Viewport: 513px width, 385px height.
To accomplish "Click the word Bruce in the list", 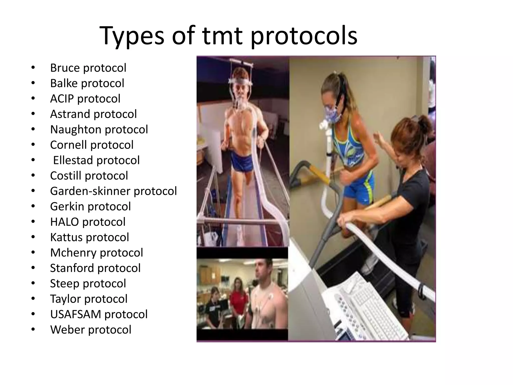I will (65, 68).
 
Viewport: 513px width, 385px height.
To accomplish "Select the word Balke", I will (64, 83).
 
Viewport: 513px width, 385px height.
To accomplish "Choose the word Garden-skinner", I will (90, 191).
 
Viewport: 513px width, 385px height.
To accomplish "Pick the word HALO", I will (64, 222).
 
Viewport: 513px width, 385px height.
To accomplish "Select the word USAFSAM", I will (75, 314).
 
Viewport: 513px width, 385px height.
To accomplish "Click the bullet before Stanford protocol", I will (33, 268).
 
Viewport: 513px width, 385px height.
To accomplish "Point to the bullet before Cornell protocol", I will (33, 145).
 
